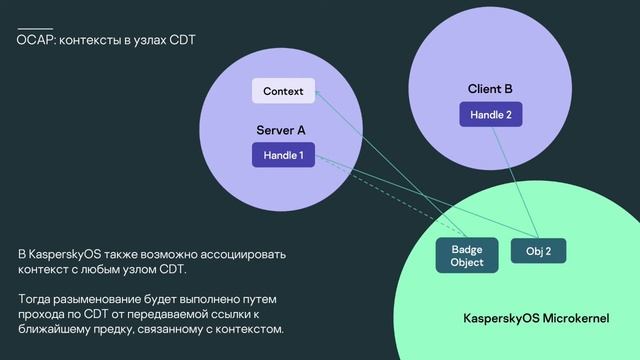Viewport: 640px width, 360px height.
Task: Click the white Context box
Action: click(x=283, y=91)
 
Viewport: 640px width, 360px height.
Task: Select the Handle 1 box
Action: click(x=283, y=155)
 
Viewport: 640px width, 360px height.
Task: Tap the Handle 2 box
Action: click(x=490, y=115)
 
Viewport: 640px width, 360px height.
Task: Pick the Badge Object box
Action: click(x=467, y=255)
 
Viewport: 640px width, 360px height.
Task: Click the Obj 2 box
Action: click(x=539, y=251)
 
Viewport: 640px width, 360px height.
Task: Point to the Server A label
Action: click(x=281, y=130)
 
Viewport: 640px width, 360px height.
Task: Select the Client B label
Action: click(x=490, y=89)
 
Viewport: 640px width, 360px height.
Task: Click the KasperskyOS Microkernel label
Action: click(x=536, y=317)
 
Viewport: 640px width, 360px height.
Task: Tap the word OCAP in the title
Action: click(x=36, y=41)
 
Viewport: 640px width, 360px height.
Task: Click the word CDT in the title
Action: click(x=183, y=41)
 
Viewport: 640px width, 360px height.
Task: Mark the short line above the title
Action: click(x=35, y=28)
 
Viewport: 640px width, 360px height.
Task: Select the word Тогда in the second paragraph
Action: click(x=35, y=299)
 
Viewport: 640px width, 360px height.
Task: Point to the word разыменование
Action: click(x=102, y=299)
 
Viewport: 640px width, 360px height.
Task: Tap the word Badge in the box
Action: click(x=467, y=248)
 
